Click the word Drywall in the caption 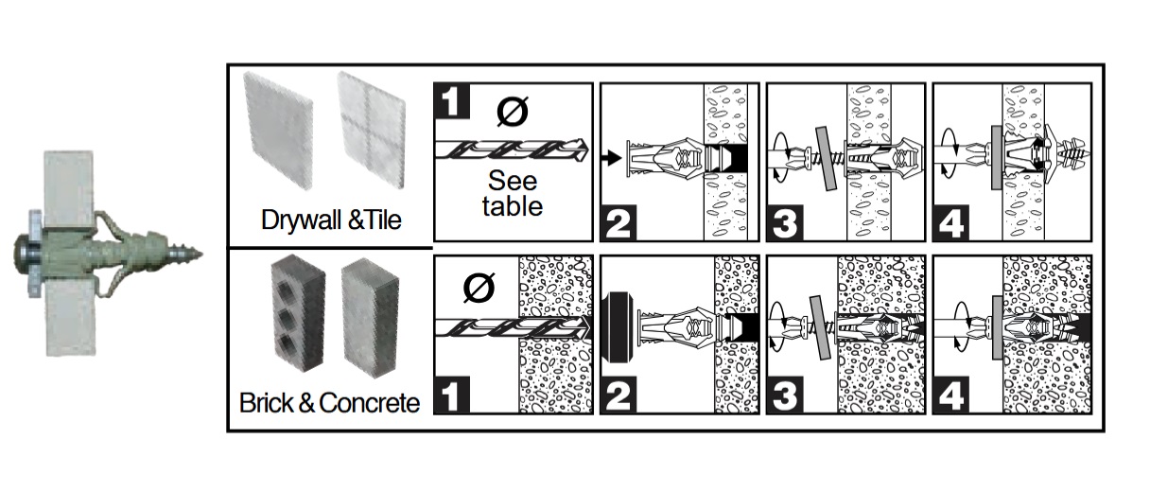pos(302,220)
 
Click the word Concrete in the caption pos(369,403)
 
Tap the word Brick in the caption pos(267,403)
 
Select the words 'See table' pos(513,194)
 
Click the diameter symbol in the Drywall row pos(513,112)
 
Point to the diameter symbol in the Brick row pos(479,289)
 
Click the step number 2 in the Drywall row pos(619,223)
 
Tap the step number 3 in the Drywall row pos(785,223)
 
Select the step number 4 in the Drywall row pos(950,223)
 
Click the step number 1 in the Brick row pos(452,395)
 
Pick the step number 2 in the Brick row pos(619,395)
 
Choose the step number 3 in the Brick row pos(785,395)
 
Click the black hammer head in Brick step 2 pos(615,327)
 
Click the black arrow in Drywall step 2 pos(612,158)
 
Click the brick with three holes pos(298,317)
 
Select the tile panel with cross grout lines pos(372,130)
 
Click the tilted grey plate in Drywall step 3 pos(826,159)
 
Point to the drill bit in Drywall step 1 pos(512,149)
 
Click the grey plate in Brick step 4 pos(997,327)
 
